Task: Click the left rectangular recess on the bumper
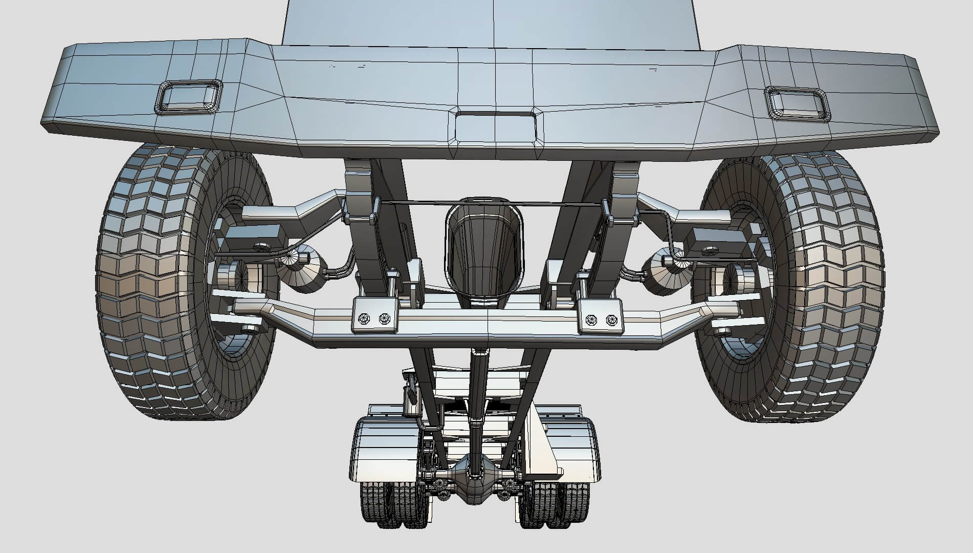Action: [189, 96]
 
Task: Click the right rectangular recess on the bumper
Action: [797, 103]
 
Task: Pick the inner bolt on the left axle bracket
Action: [384, 318]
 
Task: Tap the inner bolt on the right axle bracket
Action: [591, 320]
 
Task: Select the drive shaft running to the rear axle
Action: [477, 399]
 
